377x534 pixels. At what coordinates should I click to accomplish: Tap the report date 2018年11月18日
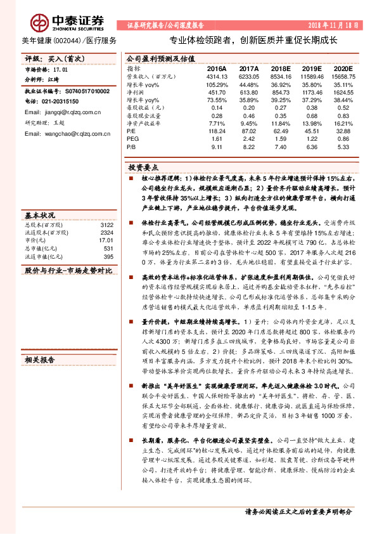[x=335, y=25]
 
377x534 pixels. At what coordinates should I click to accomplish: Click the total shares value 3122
[x=106, y=225]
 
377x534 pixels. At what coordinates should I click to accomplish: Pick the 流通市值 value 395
[x=108, y=256]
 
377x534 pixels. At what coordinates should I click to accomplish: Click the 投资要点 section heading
[x=144, y=167]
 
